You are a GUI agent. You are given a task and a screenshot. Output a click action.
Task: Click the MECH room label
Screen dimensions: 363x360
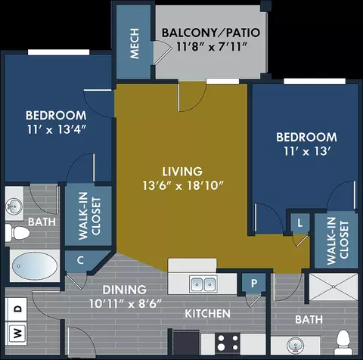(x=135, y=44)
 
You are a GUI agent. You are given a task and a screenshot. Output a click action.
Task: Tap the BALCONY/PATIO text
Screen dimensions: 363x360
(x=211, y=33)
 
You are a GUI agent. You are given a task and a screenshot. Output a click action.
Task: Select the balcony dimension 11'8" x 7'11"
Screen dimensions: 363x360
(x=211, y=47)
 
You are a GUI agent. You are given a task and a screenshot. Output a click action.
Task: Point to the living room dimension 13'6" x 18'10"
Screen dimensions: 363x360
(x=183, y=186)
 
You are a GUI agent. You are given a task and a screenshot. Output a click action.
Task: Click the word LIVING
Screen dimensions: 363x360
(x=182, y=172)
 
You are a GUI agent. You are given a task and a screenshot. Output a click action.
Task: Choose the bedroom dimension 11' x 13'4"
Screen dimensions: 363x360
(x=57, y=129)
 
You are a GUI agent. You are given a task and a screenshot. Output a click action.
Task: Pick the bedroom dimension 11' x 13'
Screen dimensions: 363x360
(x=307, y=151)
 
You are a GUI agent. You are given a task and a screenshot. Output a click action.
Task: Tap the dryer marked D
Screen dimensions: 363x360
(x=16, y=309)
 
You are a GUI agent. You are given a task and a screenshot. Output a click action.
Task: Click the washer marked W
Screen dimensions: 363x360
(x=16, y=334)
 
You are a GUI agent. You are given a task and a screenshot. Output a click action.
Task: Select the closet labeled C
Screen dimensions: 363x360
(x=80, y=260)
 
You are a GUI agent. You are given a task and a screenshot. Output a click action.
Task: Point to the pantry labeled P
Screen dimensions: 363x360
(x=254, y=283)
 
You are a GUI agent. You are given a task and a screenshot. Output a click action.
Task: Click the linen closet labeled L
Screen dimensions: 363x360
(x=299, y=223)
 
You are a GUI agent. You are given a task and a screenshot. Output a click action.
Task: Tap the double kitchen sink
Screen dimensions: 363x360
(x=203, y=284)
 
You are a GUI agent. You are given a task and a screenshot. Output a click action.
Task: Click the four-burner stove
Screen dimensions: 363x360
(x=228, y=343)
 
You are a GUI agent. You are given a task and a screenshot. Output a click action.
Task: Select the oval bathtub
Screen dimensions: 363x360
(x=35, y=266)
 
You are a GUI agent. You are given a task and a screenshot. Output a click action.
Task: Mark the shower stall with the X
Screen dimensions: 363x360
(x=334, y=287)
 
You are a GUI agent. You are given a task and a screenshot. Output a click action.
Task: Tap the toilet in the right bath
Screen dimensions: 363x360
(x=343, y=342)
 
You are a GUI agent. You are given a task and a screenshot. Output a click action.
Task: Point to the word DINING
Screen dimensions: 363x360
(x=125, y=290)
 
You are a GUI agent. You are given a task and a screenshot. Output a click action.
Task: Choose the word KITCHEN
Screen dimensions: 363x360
(x=207, y=314)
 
